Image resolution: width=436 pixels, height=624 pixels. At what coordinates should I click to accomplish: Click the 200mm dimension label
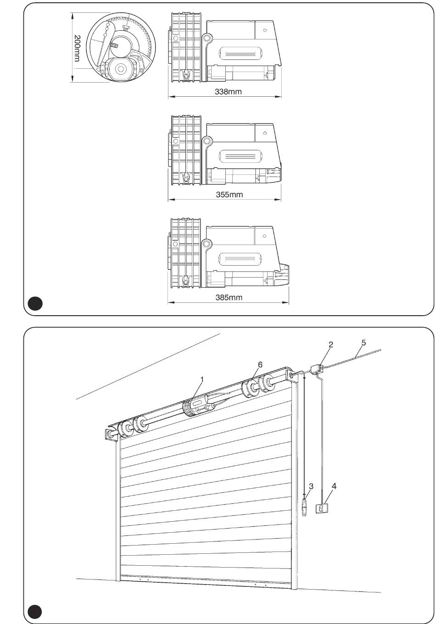[77, 48]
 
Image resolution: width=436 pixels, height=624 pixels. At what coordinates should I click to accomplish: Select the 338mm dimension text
[228, 92]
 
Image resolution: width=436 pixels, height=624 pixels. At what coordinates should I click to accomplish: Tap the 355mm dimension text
[229, 195]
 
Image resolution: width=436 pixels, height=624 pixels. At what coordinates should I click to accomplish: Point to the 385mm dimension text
[229, 297]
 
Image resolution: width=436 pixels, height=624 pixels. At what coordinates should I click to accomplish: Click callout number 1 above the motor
[202, 379]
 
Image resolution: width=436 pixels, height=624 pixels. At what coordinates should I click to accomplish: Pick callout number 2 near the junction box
[331, 345]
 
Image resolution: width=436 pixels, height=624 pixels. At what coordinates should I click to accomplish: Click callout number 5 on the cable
[363, 343]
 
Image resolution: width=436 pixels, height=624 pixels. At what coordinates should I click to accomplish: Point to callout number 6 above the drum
[260, 364]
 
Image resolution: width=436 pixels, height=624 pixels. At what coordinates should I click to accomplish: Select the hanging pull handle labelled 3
[304, 507]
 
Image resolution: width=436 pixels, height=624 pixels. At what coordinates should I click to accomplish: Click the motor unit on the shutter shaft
[198, 407]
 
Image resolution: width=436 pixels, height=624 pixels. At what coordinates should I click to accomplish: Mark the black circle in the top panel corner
[35, 303]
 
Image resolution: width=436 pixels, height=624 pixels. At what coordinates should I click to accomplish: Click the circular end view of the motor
[121, 47]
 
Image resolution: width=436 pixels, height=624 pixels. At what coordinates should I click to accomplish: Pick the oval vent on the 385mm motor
[240, 259]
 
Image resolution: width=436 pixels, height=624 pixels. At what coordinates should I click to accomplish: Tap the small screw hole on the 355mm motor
[265, 133]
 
